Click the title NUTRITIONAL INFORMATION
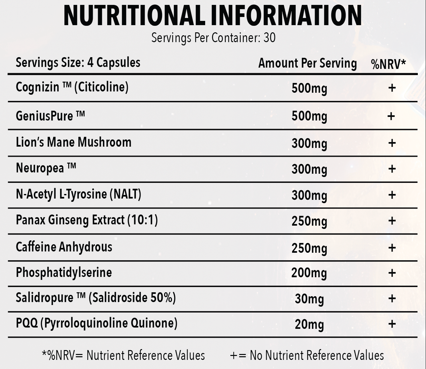click(213, 15)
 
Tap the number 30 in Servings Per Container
click(269, 38)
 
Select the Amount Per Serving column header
click(307, 63)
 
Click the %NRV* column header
click(388, 64)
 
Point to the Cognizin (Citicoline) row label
click(72, 87)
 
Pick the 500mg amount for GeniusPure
click(309, 117)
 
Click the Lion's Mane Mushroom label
click(74, 142)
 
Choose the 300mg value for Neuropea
click(309, 169)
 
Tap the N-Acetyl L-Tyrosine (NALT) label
click(78, 194)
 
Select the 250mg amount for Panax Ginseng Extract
click(309, 221)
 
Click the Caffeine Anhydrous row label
click(64, 247)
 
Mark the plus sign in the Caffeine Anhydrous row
click(392, 248)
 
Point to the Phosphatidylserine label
click(64, 272)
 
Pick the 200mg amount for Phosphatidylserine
click(309, 273)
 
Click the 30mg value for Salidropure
click(309, 299)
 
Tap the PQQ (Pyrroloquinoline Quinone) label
click(97, 323)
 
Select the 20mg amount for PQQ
click(309, 324)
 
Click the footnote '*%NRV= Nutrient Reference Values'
click(123, 355)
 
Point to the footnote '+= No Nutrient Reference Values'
click(307, 355)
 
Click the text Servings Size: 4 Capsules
click(78, 62)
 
